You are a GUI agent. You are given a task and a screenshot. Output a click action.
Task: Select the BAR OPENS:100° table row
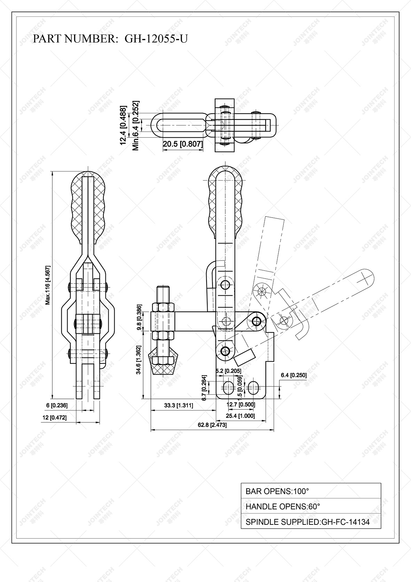311,491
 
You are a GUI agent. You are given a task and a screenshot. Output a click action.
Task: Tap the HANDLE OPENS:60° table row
311,506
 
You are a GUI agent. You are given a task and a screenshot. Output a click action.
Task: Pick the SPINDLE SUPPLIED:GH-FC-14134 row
311,522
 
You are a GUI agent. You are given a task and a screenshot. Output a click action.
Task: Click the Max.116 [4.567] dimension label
48,285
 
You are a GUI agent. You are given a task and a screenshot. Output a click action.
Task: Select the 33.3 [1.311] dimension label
178,405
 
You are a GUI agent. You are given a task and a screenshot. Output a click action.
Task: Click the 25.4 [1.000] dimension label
240,416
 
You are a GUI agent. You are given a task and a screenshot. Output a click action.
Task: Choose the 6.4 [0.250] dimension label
294,375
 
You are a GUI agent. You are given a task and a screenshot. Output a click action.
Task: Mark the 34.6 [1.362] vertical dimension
139,360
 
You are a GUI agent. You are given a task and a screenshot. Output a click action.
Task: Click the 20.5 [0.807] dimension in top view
183,144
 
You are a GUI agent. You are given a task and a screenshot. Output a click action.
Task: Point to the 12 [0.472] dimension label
54,417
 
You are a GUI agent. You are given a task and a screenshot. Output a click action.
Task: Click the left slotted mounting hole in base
228,387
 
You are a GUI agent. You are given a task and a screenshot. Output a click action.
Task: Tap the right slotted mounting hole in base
253,387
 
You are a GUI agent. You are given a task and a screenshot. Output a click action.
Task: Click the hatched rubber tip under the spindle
163,366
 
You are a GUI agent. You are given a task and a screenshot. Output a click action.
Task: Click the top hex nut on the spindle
163,307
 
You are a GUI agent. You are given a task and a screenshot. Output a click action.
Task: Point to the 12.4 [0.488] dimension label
123,125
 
